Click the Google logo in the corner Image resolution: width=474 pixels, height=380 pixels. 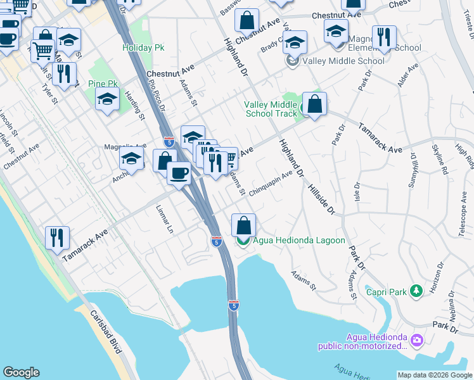click(21, 372)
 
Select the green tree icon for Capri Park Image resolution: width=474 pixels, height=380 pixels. click(416, 291)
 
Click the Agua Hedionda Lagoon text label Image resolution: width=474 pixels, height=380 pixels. click(298, 241)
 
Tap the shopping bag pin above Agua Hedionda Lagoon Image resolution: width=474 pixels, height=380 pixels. click(243, 225)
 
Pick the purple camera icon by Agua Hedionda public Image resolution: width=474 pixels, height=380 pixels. click(417, 341)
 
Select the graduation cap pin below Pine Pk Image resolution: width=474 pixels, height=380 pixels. click(108, 99)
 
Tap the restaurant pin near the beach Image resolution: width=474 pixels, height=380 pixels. click(58, 238)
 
